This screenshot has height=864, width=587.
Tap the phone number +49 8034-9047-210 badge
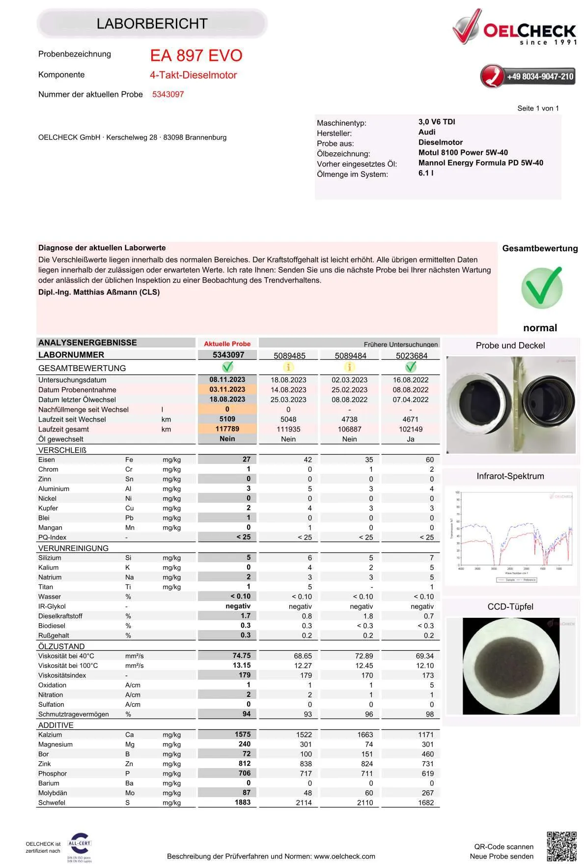point(528,76)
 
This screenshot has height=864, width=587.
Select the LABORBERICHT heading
point(152,24)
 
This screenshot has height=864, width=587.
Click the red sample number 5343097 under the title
point(168,94)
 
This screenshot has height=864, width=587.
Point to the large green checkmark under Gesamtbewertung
point(541,288)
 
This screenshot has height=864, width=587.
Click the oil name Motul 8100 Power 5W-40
point(463,152)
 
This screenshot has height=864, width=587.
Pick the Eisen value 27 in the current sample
point(246,459)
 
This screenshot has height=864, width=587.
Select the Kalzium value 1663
point(365,734)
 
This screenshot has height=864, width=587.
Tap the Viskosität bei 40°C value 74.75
point(241,656)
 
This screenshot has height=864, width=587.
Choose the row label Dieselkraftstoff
point(60,616)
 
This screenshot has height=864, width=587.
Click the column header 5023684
point(411,355)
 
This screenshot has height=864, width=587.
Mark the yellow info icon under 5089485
point(288,367)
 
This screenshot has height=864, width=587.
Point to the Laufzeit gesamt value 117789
point(227,429)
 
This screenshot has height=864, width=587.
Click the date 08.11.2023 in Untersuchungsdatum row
point(227,379)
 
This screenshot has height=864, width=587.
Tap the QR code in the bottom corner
point(561,846)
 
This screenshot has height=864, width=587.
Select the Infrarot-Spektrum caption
point(510,476)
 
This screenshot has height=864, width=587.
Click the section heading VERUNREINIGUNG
point(73,548)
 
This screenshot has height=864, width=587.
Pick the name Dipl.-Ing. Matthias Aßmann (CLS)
point(99,292)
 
